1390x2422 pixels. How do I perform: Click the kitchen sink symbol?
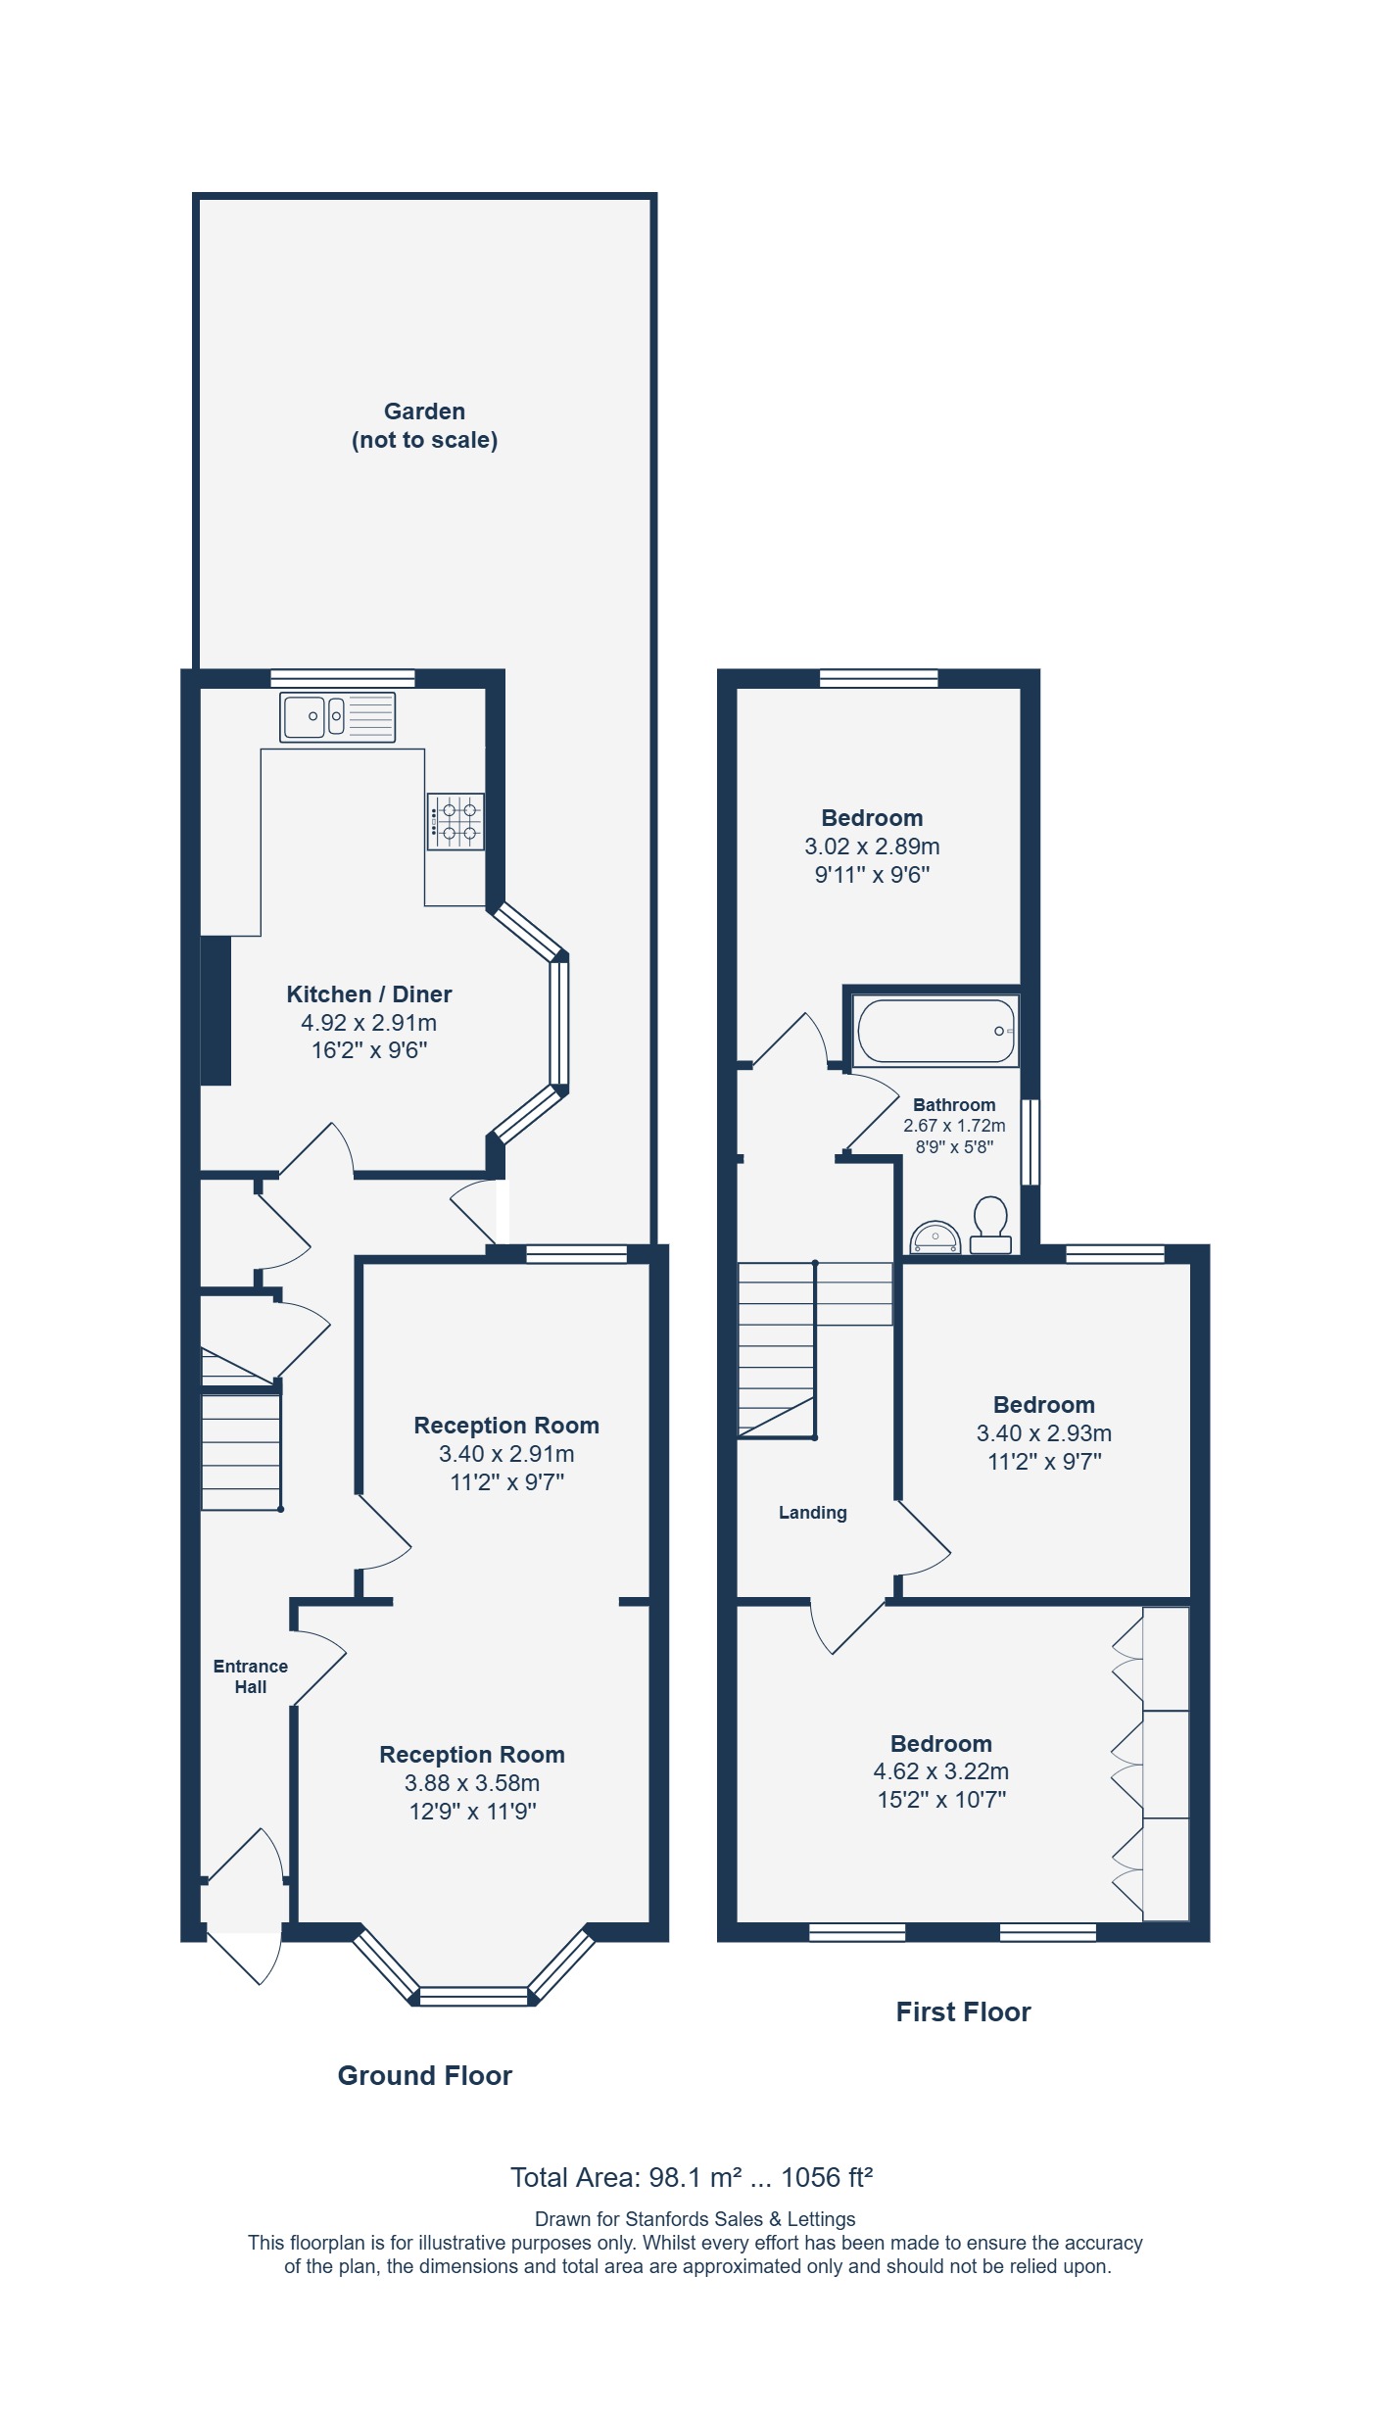(x=338, y=716)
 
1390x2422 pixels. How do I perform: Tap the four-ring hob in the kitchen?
(x=455, y=821)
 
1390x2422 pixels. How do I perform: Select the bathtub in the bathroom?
(x=935, y=1031)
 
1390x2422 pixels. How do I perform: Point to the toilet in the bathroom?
(x=990, y=1225)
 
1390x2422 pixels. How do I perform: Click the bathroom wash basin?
(x=935, y=1237)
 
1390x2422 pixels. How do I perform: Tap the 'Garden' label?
(x=424, y=412)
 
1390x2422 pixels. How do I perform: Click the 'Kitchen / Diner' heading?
(x=369, y=994)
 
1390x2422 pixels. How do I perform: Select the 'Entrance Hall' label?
(x=251, y=1676)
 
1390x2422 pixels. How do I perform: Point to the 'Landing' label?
(x=813, y=1513)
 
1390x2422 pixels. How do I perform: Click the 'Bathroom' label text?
(x=954, y=1105)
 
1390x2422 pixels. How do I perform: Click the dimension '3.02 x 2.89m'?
(x=872, y=847)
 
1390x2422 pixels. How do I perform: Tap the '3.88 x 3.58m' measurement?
(x=472, y=1783)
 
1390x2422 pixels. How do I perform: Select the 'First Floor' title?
(x=964, y=2011)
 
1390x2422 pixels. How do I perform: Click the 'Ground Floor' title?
(x=425, y=2075)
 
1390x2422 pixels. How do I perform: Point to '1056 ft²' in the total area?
(x=827, y=2177)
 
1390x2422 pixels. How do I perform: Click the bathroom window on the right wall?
(x=1031, y=1142)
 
